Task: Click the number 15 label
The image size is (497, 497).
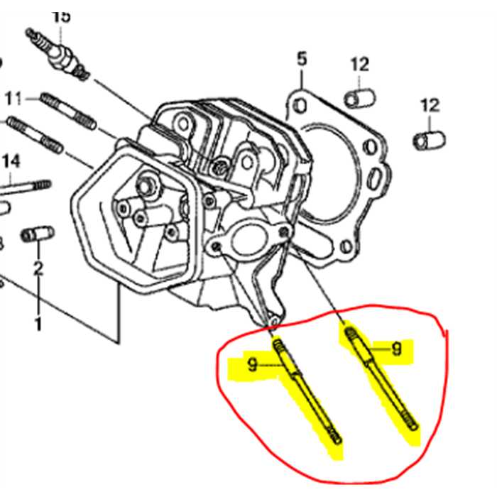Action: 62,16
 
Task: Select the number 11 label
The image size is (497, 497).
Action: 15,97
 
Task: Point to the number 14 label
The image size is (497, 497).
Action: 10,162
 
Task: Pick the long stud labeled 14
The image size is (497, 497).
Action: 26,187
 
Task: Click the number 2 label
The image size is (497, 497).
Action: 38,268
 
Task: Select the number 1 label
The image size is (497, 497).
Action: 38,324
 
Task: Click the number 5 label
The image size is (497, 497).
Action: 302,60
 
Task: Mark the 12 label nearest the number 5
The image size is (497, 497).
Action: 360,65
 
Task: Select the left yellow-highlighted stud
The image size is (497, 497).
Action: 306,390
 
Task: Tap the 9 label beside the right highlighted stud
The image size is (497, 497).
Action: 396,349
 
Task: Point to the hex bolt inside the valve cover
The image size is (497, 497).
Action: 148,186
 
